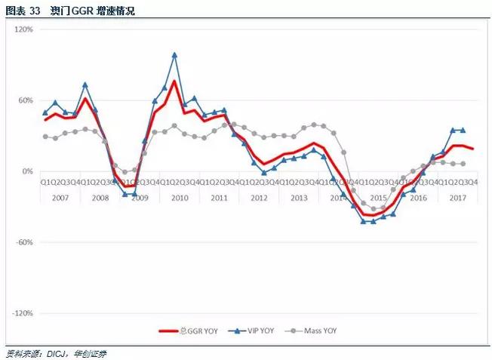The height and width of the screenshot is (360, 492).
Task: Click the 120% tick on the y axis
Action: [x=25, y=29]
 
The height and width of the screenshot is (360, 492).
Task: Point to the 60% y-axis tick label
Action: [x=26, y=100]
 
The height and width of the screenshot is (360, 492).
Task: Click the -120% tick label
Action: [x=23, y=313]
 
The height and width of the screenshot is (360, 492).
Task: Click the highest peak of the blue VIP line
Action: [x=174, y=54]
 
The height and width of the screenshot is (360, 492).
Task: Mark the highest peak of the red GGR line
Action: [x=174, y=82]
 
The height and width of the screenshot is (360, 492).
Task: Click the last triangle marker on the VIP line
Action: [x=463, y=130]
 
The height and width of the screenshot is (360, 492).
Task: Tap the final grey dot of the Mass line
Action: [x=463, y=164]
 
